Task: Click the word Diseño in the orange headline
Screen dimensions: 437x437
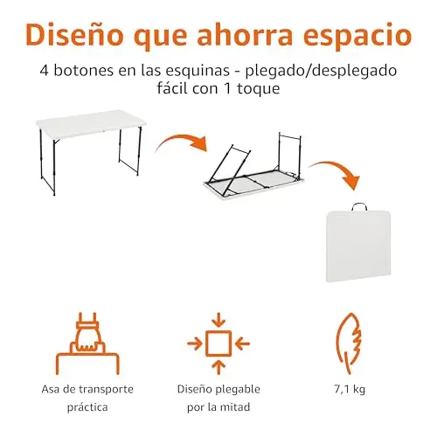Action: [74, 34]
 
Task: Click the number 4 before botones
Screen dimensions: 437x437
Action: [44, 71]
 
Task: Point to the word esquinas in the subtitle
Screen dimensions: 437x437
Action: [192, 72]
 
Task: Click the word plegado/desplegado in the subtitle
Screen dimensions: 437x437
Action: [321, 72]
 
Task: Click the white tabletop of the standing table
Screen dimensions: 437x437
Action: [91, 123]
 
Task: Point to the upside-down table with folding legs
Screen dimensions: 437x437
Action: [253, 169]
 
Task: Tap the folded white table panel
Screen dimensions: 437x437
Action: [358, 246]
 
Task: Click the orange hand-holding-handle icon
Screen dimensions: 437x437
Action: [87, 343]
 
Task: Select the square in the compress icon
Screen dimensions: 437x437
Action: [218, 343]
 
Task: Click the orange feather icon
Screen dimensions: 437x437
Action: [349, 343]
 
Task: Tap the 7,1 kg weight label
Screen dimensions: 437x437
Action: [350, 389]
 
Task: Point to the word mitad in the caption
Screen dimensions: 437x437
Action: [235, 407]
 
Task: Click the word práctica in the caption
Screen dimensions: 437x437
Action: [87, 407]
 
